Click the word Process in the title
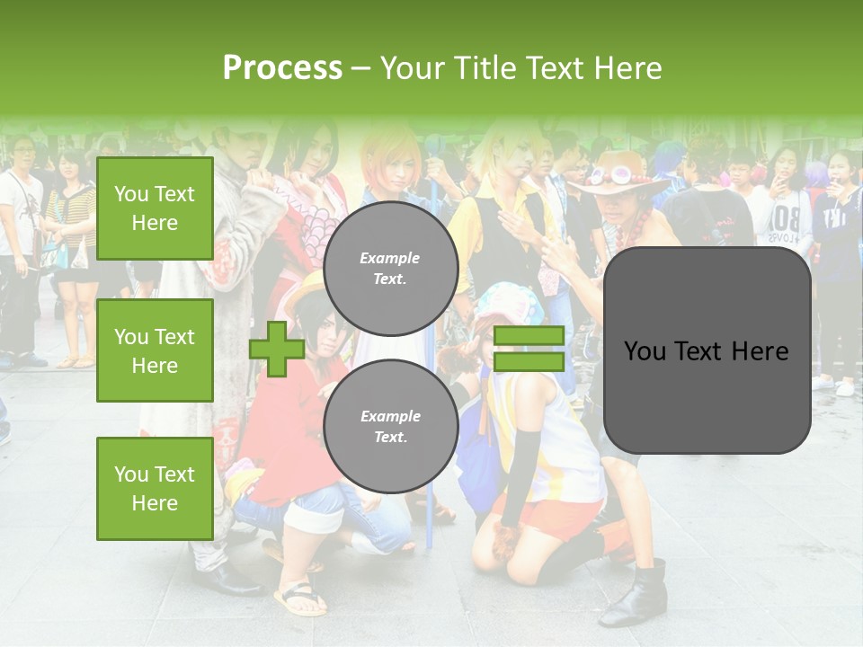[x=282, y=68]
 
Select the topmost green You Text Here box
[x=155, y=208]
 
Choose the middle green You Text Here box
[x=155, y=350]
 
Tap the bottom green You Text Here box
[x=155, y=488]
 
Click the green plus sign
[x=276, y=349]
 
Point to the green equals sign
[x=529, y=349]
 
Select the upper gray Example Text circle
[x=390, y=268]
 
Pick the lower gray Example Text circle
[x=390, y=426]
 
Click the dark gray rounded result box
[x=707, y=350]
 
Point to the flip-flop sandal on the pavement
[x=301, y=599]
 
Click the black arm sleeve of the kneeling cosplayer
[x=520, y=476]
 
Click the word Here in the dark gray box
[x=760, y=351]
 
